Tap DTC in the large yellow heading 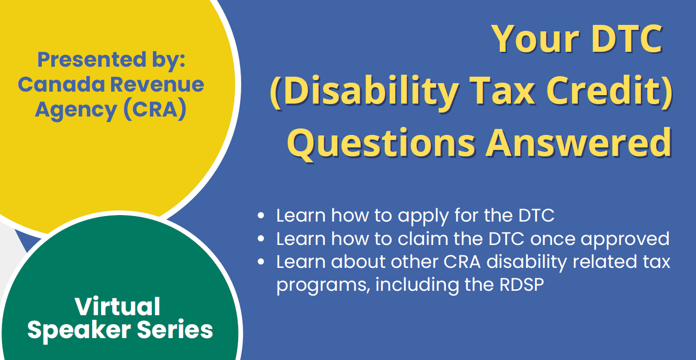[627, 39]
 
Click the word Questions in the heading [381, 143]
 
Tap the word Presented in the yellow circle [92, 59]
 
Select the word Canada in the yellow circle [61, 84]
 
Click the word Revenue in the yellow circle [157, 84]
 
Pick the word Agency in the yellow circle [76, 110]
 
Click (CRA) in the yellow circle [155, 110]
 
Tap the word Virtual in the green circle [118, 307]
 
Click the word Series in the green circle [175, 330]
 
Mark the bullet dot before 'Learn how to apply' [261, 215]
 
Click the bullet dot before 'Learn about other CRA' [261, 261]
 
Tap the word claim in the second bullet [423, 238]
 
